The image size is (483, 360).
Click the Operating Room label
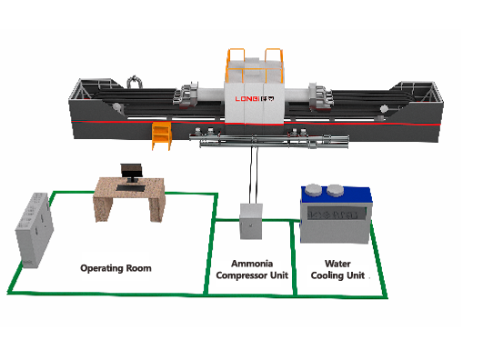point(116,268)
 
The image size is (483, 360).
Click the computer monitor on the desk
point(133,172)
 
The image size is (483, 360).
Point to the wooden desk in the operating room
point(128,197)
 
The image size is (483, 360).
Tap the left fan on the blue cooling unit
point(315,191)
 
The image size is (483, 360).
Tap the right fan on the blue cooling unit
point(338,190)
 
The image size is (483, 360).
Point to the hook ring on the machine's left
point(136,81)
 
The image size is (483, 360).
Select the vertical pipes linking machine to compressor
point(253,173)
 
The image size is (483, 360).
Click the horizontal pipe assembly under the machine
point(273,141)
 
